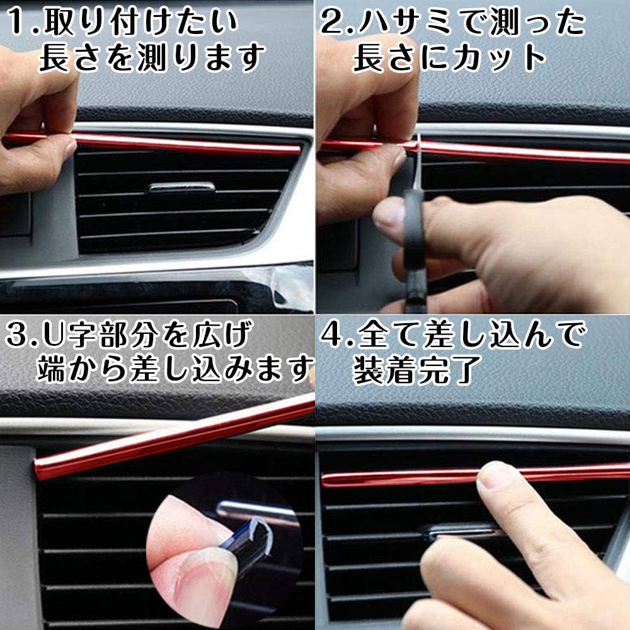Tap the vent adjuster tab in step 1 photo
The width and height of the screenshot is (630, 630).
pos(182,187)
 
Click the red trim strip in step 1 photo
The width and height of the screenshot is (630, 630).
pos(189,145)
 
